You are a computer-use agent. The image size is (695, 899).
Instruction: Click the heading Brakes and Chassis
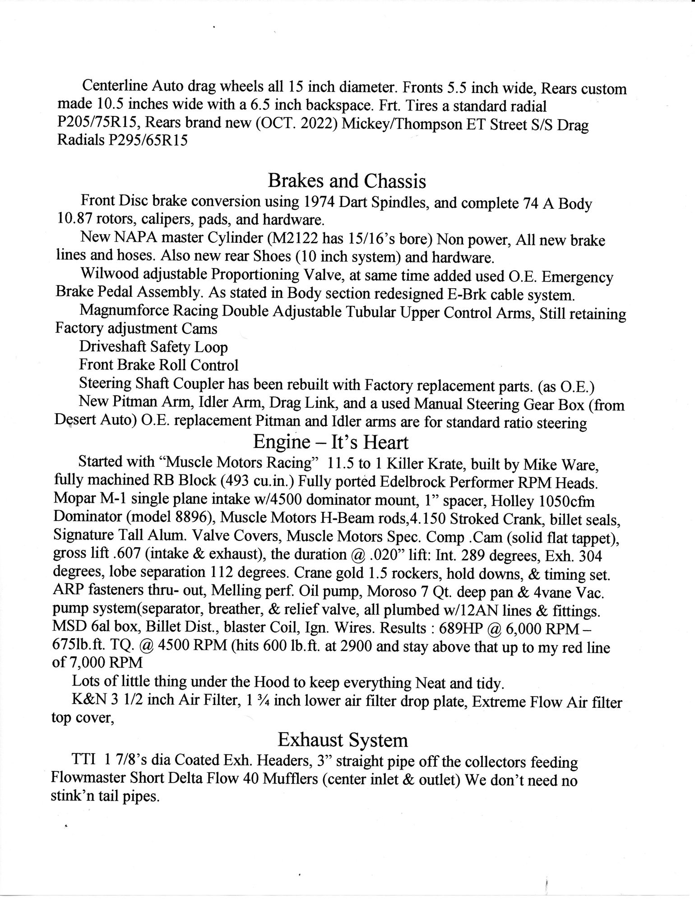347,181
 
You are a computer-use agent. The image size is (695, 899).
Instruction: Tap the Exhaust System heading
343,740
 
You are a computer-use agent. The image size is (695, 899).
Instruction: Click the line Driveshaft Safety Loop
153,347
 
